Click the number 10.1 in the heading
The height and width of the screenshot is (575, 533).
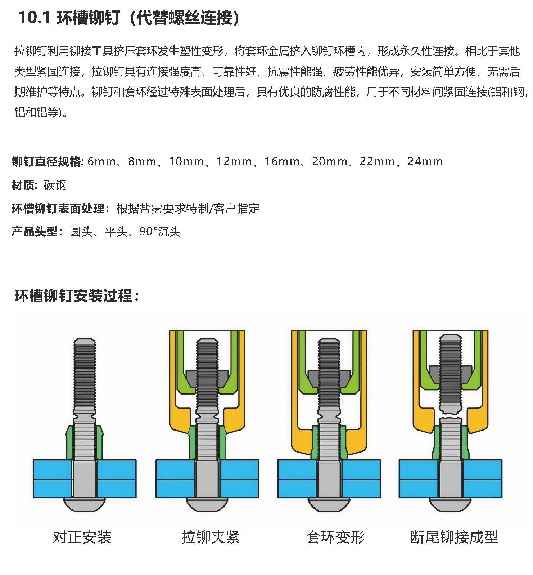pyautogui.click(x=34, y=18)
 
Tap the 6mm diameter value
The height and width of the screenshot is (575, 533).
pyautogui.click(x=102, y=161)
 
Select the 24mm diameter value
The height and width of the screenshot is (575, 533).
pyautogui.click(x=425, y=161)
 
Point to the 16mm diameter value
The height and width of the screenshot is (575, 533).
pyautogui.click(x=282, y=161)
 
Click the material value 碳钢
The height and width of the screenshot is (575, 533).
pyautogui.click(x=55, y=185)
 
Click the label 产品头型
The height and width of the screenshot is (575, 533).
pyautogui.click(x=35, y=231)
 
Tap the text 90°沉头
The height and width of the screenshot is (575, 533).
pyautogui.click(x=160, y=231)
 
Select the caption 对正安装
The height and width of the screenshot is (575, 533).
pyautogui.click(x=82, y=537)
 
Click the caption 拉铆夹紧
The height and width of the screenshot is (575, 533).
pyautogui.click(x=211, y=537)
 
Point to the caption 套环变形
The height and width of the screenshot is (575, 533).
pyautogui.click(x=335, y=537)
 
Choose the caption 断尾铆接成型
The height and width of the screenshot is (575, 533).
pyautogui.click(x=454, y=537)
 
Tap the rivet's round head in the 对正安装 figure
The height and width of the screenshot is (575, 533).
pyautogui.click(x=85, y=504)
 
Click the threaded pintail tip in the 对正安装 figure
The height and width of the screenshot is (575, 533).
pyautogui.click(x=85, y=341)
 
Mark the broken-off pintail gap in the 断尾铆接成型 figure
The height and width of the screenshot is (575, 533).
pyautogui.click(x=451, y=415)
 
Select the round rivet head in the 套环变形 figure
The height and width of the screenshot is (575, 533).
pyautogui.click(x=329, y=504)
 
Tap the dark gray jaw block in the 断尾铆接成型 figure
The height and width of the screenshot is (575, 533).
pyautogui.click(x=451, y=374)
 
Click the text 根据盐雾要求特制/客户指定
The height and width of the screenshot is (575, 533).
pyautogui.click(x=188, y=208)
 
